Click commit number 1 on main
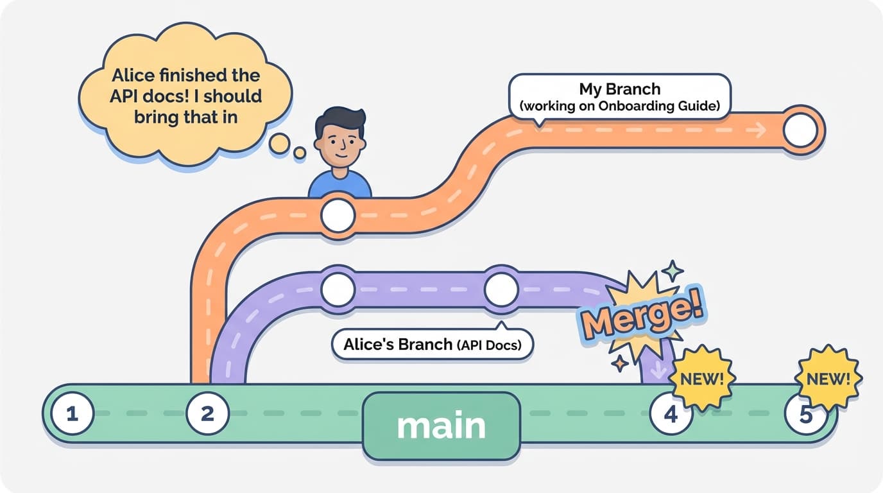[x=73, y=414]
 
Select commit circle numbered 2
[x=207, y=414]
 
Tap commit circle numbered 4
[x=671, y=415]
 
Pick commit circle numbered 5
[x=806, y=415]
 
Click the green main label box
[x=441, y=426]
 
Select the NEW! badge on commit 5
[x=828, y=379]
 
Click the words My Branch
[x=619, y=89]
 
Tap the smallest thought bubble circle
[x=300, y=153]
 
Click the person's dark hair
[x=340, y=121]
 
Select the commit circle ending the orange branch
[x=801, y=131]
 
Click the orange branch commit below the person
[x=338, y=215]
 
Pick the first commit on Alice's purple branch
[x=338, y=290]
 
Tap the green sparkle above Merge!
[x=673, y=271]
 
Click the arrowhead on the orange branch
[x=760, y=131]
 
